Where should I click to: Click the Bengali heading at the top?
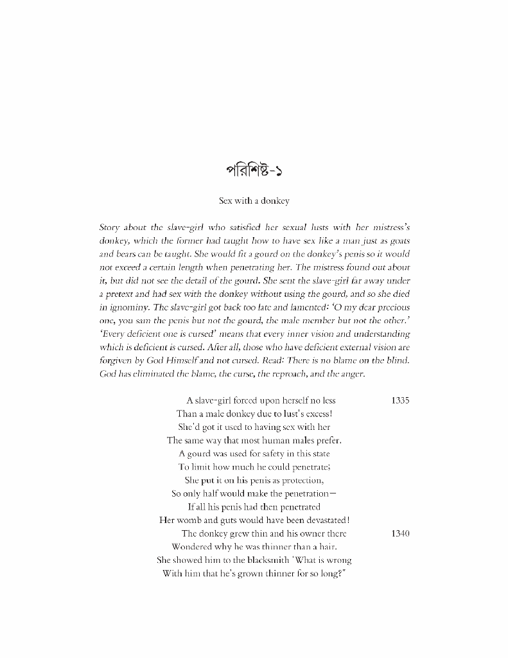coord(254,172)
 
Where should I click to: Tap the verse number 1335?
coord(400,400)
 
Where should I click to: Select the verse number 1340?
coord(400,533)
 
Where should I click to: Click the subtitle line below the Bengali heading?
coord(254,200)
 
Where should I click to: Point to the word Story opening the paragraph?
coord(111,227)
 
